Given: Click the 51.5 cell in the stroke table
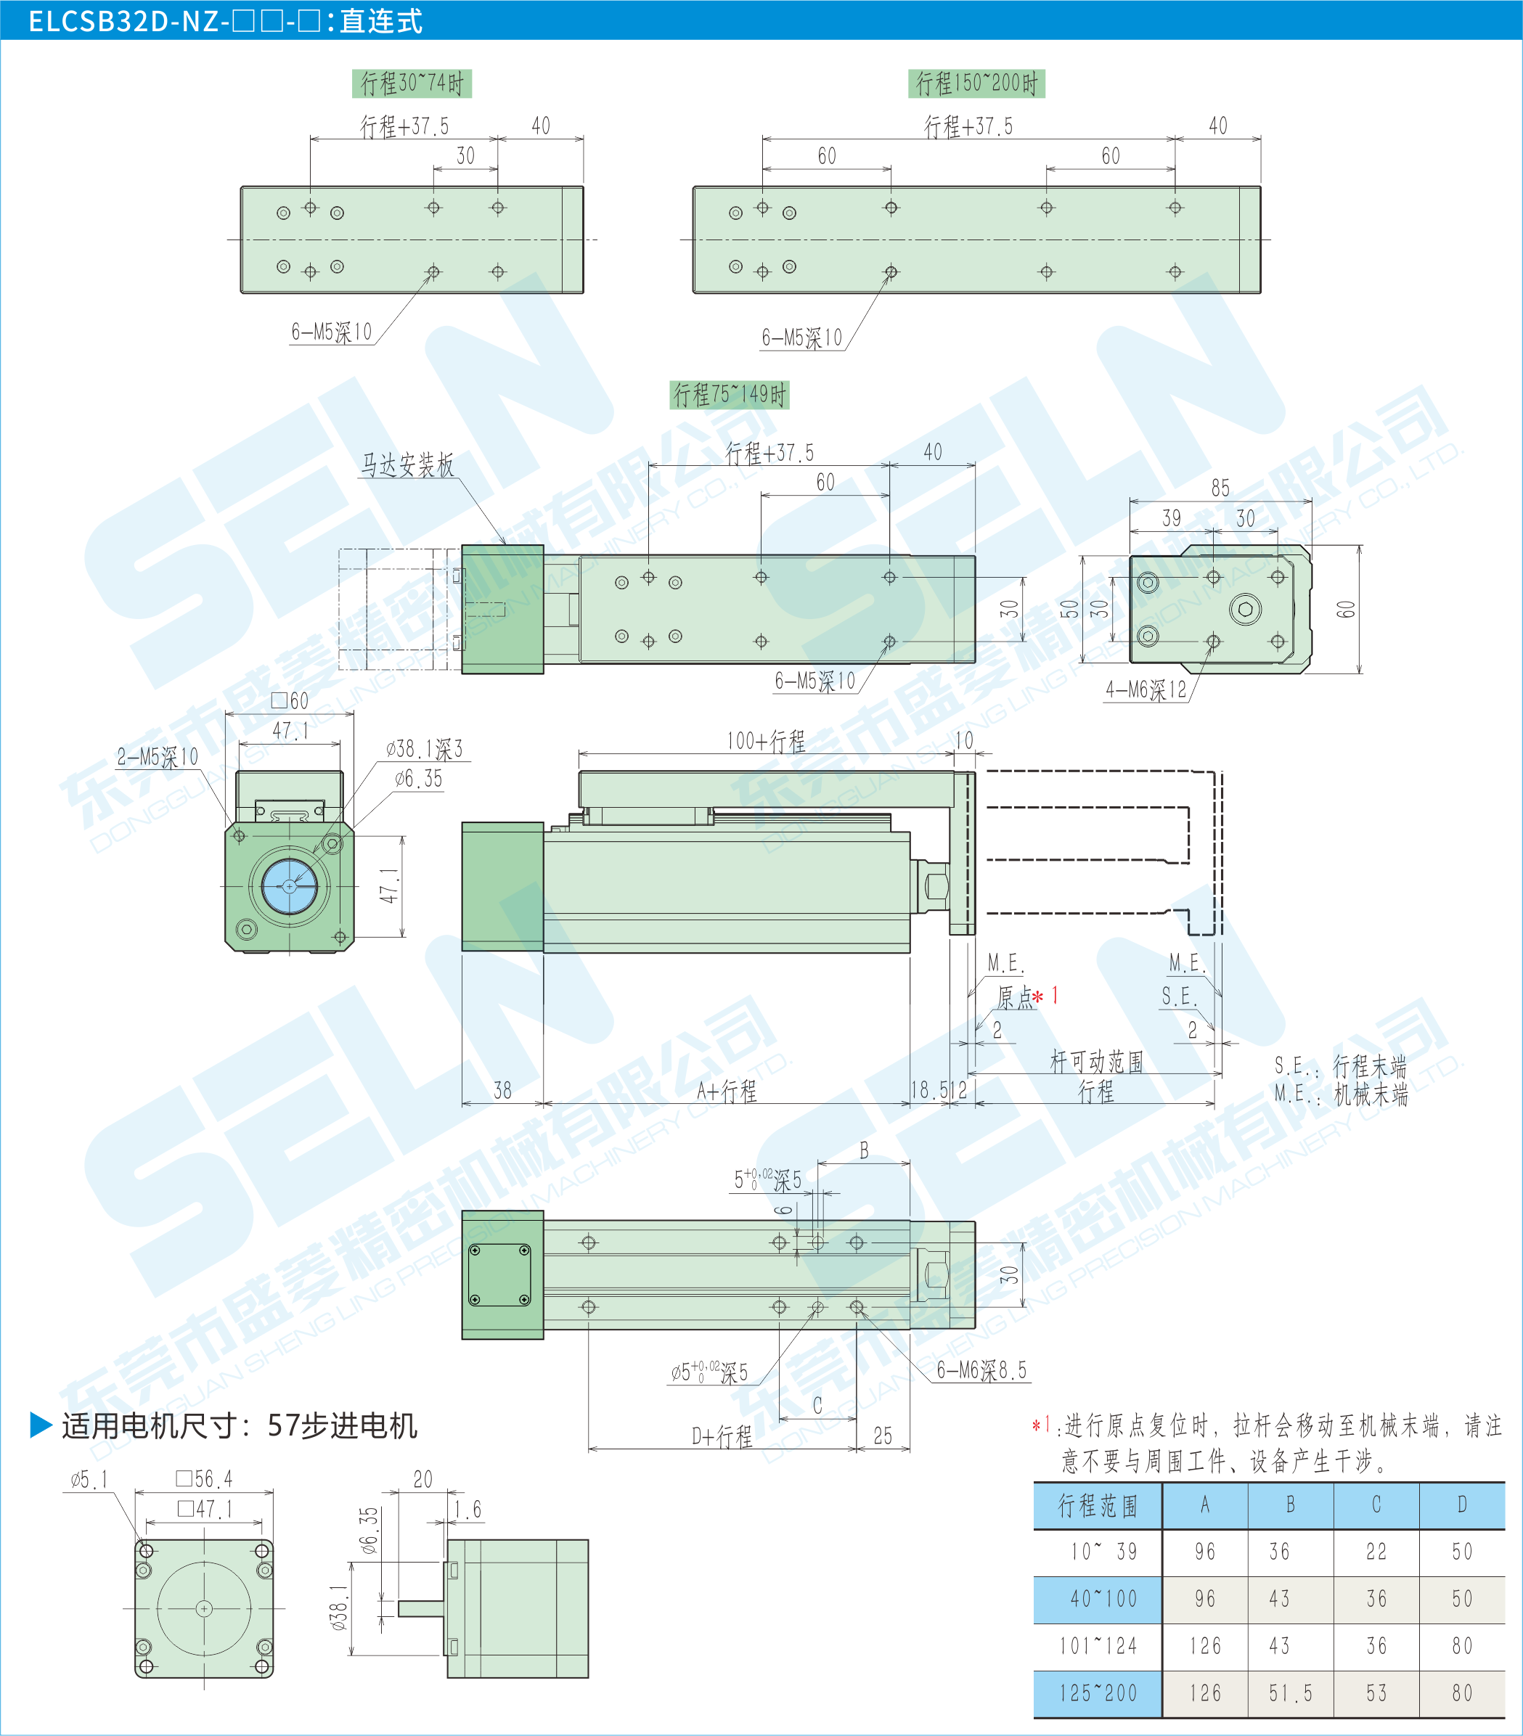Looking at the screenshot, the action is pyautogui.click(x=1290, y=1692).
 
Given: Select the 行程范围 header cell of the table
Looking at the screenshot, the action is pyautogui.click(x=1098, y=1506).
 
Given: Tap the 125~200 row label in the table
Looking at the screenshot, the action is pyautogui.click(x=1098, y=1692).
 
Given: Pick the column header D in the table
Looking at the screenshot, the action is pyautogui.click(x=1462, y=1505).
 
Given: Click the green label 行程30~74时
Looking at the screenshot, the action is pyautogui.click(x=412, y=83).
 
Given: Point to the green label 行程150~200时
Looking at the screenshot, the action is pyautogui.click(x=977, y=83).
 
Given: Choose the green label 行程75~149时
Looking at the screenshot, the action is pyautogui.click(x=730, y=395).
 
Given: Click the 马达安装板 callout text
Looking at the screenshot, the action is pyautogui.click(x=408, y=464).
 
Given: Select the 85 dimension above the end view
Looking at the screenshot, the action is pyautogui.click(x=1220, y=488).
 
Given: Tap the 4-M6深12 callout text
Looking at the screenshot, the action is pyautogui.click(x=1146, y=689).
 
